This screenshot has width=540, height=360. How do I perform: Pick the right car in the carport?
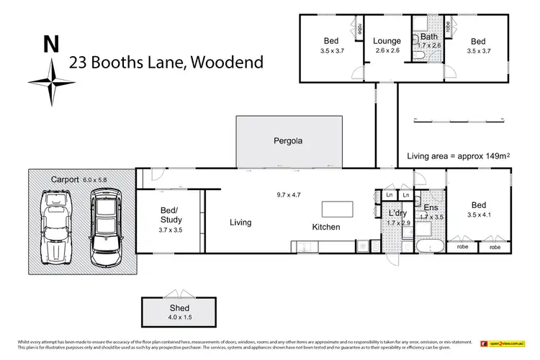point(105,225)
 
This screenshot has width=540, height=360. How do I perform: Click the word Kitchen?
point(325,228)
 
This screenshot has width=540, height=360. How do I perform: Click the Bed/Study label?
point(171,215)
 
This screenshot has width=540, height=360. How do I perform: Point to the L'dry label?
point(395,215)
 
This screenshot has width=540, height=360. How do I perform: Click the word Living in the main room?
point(240,222)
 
